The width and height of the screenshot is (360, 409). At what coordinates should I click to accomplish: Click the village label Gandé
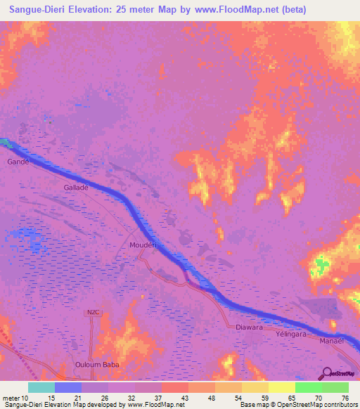point(18,162)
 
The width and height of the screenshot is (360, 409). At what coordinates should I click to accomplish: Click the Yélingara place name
point(289,335)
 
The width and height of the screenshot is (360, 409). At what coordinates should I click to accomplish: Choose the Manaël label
point(331,339)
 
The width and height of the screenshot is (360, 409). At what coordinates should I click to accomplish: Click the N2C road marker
point(94,313)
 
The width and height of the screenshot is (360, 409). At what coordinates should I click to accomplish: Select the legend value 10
point(25,398)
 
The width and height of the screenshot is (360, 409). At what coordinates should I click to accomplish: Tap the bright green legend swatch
point(308,387)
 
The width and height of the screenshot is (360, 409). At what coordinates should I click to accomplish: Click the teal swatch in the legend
point(41,387)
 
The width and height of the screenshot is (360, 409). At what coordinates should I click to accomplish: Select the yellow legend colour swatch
point(281,387)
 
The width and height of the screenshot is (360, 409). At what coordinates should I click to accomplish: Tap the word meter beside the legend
point(11,398)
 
